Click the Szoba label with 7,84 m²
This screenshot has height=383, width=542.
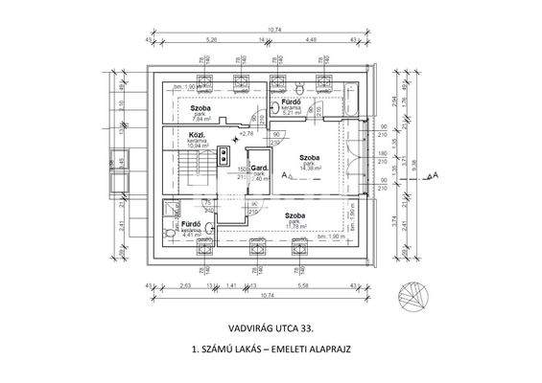[200, 109]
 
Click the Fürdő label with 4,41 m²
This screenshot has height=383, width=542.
[192, 224]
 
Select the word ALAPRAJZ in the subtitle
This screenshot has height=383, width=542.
[323, 350]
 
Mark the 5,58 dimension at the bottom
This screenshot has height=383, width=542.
[304, 285]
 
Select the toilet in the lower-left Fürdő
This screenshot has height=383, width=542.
[171, 233]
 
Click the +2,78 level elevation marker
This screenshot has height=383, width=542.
[246, 133]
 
